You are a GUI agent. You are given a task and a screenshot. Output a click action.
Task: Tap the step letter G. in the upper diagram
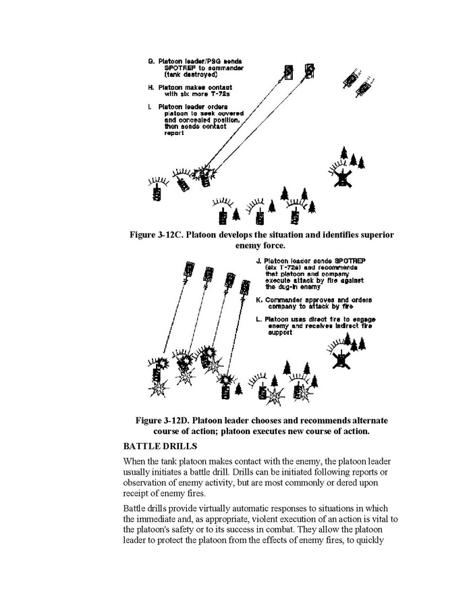tap(150, 61)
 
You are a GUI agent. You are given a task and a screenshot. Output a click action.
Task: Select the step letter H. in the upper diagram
tap(150, 88)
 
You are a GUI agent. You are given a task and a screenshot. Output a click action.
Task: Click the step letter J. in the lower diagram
tap(259, 260)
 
